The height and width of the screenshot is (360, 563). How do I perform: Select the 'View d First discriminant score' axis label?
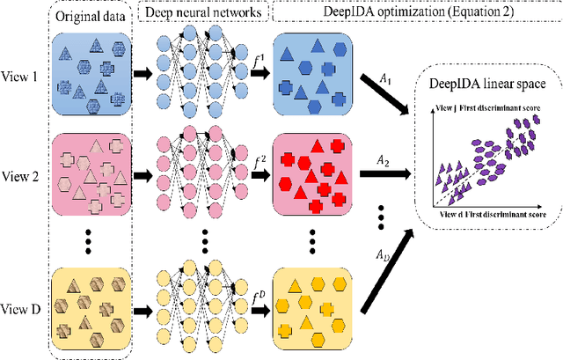(x=499, y=214)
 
